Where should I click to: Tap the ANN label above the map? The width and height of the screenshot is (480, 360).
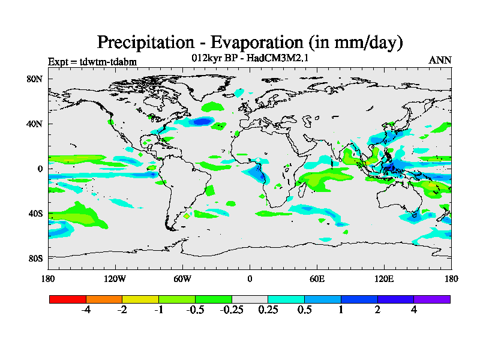click(440, 60)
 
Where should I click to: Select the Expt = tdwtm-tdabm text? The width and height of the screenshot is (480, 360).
click(92, 61)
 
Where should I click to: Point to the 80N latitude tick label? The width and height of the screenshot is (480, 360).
click(34, 79)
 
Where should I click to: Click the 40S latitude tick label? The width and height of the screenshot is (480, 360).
click(34, 214)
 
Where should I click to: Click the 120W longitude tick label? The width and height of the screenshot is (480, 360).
click(115, 278)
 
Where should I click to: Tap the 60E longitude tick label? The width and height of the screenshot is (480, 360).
click(317, 278)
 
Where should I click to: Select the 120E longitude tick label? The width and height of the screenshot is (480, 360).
click(384, 278)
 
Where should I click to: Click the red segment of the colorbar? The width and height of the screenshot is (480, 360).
click(68, 299)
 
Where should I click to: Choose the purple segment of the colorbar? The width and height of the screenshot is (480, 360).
click(432, 299)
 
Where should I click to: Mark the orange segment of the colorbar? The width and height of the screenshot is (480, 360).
click(104, 299)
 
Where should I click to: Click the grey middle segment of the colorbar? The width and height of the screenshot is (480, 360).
click(250, 299)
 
